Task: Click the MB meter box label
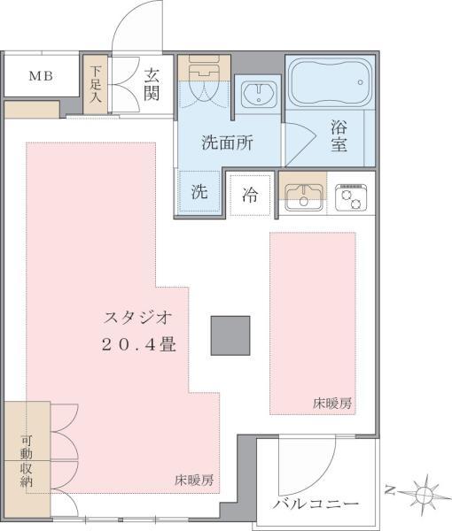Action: (41, 76)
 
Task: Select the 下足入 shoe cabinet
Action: (96, 84)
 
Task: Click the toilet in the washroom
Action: (204, 78)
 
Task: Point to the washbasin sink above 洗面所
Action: (260, 95)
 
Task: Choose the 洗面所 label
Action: (228, 142)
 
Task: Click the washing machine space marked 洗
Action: (199, 192)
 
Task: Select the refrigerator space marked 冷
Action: (250, 195)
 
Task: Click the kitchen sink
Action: (303, 197)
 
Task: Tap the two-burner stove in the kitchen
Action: (351, 197)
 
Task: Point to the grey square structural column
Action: (230, 335)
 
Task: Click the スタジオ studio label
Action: (137, 319)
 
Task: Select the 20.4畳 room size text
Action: (138, 345)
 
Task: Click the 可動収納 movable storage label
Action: (26, 461)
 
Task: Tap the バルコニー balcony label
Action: (316, 504)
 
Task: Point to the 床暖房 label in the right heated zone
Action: (332, 404)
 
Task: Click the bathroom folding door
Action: (300, 143)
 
